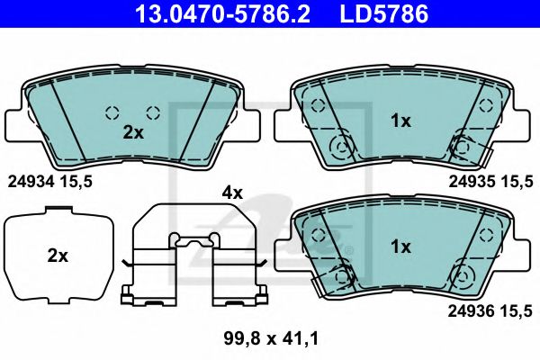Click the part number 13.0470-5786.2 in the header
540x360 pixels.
coord(223,13)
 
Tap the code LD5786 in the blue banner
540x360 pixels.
coord(384,13)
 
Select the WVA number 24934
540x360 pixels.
coord(31,181)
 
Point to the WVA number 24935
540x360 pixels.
coord(472,181)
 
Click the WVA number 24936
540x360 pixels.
coord(471,311)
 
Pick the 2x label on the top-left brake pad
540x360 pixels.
coord(133,132)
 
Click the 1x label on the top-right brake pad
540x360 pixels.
coord(400,121)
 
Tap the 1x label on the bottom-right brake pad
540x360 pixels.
coord(400,247)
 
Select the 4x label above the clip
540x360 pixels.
coord(232,193)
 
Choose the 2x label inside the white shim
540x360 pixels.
coord(58,256)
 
